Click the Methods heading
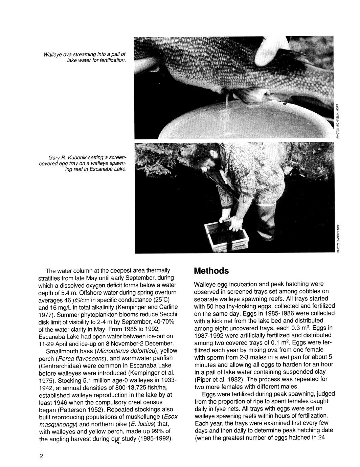coord(211,271)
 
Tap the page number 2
coord(41,456)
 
